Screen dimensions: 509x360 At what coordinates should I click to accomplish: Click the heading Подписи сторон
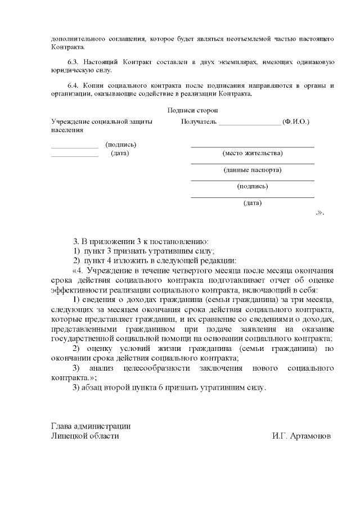193,111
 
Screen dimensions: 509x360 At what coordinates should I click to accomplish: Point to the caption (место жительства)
253,153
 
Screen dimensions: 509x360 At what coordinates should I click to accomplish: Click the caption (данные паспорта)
253,170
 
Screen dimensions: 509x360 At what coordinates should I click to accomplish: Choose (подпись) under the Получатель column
253,186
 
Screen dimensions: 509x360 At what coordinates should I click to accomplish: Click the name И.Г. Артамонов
301,436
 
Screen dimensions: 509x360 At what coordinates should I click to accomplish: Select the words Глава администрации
91,426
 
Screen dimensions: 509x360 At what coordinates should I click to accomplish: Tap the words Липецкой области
85,436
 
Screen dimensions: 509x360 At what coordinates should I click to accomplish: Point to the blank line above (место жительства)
253,146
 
